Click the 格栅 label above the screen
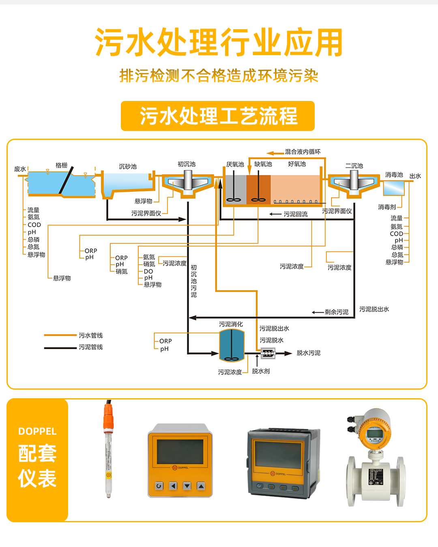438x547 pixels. (x=62, y=165)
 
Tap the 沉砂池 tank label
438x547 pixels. (x=128, y=167)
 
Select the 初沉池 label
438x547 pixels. (x=187, y=164)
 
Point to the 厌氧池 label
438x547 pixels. (x=235, y=164)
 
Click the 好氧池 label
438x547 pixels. (x=297, y=164)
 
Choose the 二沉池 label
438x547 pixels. (x=354, y=166)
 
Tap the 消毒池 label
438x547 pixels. (x=394, y=175)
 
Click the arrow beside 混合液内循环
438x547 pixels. (x=275, y=153)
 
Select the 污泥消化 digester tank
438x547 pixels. (x=232, y=345)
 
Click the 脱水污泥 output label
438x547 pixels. (x=309, y=353)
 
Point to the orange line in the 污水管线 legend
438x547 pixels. (x=60, y=335)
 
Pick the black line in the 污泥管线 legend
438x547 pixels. (x=60, y=348)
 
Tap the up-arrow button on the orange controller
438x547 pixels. (x=201, y=486)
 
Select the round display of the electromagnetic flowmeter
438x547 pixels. (x=374, y=434)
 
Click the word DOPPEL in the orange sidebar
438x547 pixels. (x=37, y=431)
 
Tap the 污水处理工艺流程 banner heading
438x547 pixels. (x=218, y=116)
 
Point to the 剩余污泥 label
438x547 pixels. (x=336, y=312)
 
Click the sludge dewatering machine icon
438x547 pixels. (x=268, y=353)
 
